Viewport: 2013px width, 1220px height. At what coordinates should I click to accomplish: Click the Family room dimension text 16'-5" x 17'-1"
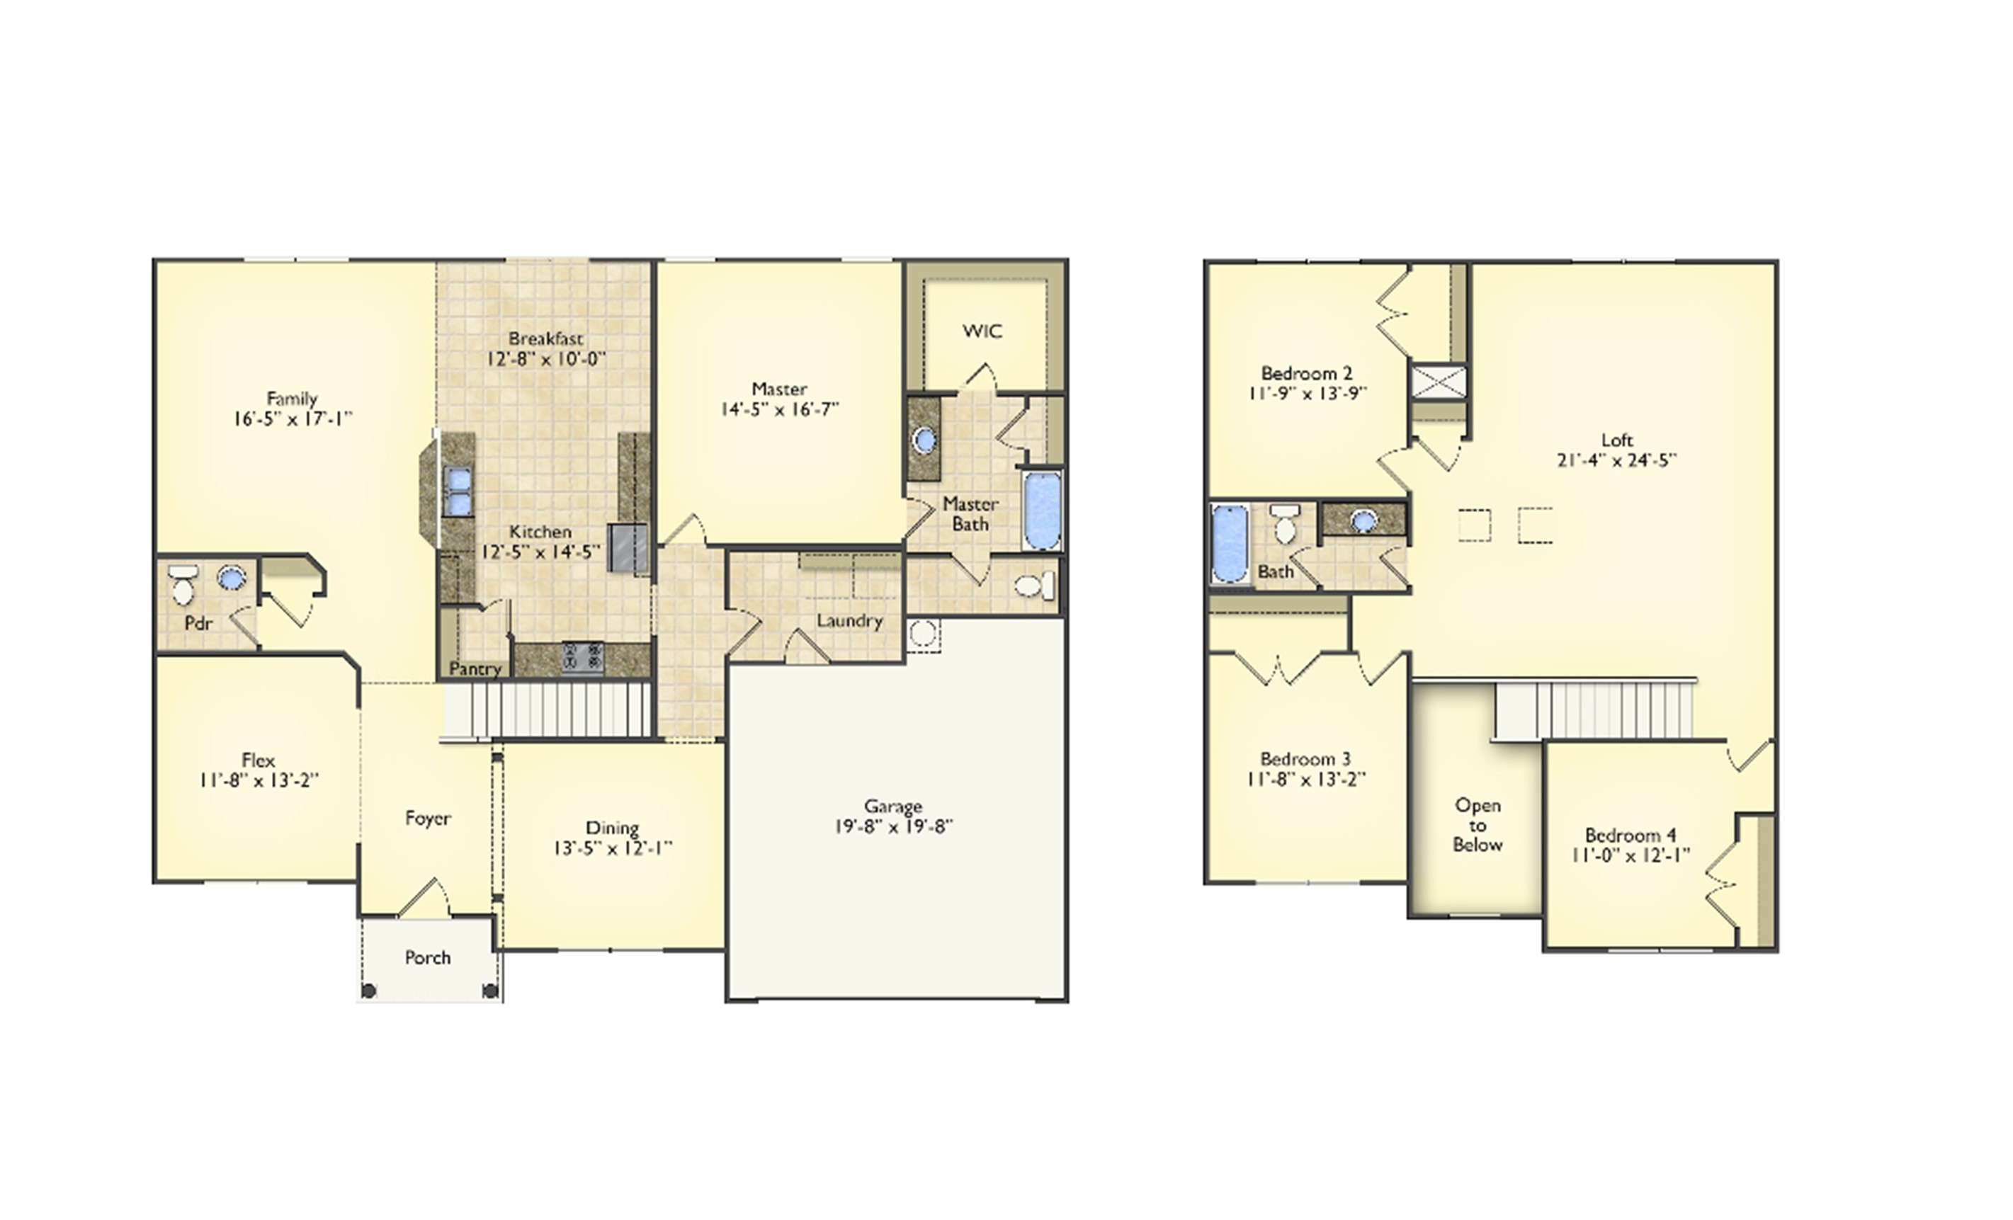(293, 419)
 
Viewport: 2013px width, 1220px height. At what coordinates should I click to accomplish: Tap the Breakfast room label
(545, 338)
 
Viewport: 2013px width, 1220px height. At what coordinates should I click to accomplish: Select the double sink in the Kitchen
(458, 491)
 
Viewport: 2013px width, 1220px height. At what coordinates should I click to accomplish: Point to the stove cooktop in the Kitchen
(582, 656)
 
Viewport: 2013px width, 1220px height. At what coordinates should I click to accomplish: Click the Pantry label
(475, 669)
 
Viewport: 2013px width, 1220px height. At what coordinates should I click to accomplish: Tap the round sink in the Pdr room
(231, 578)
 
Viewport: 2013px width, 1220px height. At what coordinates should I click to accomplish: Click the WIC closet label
(982, 331)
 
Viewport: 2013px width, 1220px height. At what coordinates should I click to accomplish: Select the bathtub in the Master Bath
(1042, 510)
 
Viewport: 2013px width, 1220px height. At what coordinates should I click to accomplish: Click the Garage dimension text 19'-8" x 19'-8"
(893, 826)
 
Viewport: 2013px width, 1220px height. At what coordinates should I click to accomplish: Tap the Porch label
(427, 957)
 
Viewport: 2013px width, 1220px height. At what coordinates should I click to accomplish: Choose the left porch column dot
(368, 991)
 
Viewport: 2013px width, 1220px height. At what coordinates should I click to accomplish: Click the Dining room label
(612, 827)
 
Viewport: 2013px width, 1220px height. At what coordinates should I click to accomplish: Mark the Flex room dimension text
(258, 781)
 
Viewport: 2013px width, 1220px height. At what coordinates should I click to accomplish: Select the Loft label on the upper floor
(1617, 440)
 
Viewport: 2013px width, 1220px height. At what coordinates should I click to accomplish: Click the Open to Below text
(1477, 825)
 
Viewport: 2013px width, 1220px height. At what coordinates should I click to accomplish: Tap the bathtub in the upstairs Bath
(1230, 542)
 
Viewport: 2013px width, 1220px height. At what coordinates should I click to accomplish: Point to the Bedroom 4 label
(1630, 835)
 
